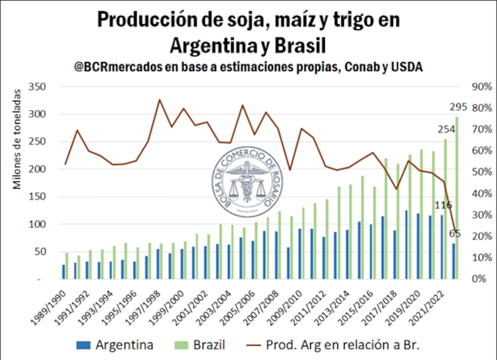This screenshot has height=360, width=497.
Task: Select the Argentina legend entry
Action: pyautogui.click(x=115, y=345)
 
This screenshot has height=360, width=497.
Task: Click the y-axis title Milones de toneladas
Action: pyautogui.click(x=18, y=139)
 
